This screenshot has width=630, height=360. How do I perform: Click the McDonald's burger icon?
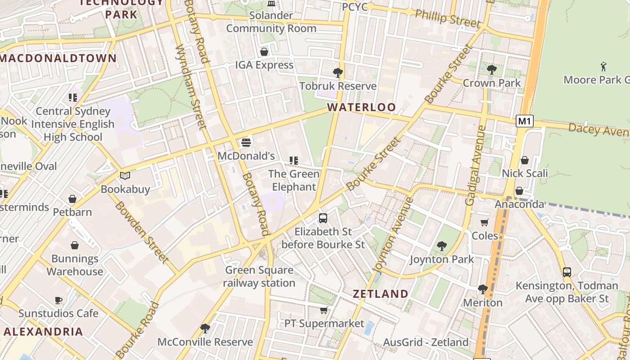tap(246, 143)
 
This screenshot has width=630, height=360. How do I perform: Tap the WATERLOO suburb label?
tap(361, 108)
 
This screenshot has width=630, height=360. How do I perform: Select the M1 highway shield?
tap(525, 121)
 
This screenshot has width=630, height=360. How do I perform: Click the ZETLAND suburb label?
tap(380, 294)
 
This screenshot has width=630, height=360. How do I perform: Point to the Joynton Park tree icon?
tap(441, 246)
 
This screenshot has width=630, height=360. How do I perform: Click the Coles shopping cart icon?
tap(484, 222)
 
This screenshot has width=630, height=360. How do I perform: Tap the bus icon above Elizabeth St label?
tap(323, 218)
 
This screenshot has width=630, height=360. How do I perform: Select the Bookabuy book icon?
tap(125, 175)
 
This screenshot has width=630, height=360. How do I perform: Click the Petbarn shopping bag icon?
tap(72, 199)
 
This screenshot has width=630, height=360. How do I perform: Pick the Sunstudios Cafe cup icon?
tap(58, 300)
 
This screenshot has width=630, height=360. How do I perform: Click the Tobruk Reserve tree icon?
tap(337, 72)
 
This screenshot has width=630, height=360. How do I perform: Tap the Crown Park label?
tap(491, 83)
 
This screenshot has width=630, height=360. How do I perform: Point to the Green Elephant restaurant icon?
tap(294, 161)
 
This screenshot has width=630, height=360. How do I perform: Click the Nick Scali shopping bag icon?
tap(524, 160)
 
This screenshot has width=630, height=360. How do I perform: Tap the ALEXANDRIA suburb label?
tap(44, 332)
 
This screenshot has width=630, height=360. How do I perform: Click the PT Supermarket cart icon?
tap(323, 310)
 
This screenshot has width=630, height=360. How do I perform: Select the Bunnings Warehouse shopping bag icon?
tap(75, 245)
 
